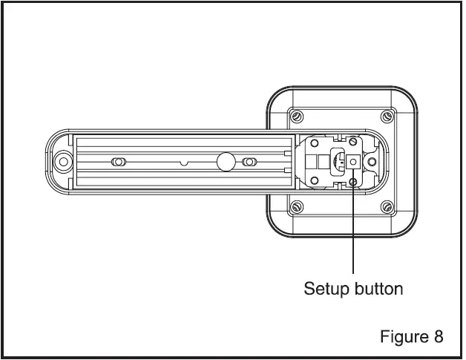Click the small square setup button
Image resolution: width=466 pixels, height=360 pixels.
coord(352,161)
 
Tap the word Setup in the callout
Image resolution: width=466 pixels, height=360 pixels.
coord(327,289)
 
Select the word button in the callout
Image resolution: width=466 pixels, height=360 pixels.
coord(380,289)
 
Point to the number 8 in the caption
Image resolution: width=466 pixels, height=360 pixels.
coord(439,337)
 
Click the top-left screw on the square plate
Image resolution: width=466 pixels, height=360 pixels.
coord(297,117)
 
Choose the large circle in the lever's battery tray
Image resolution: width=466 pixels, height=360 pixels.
coord(224,161)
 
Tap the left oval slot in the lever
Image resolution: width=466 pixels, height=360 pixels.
coord(117,162)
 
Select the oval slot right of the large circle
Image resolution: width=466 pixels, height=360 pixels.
coord(250,162)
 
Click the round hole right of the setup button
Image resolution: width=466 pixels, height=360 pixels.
coord(373,161)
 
